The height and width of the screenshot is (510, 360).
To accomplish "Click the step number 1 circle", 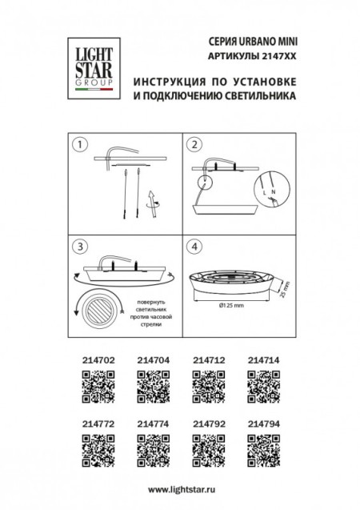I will [79, 145].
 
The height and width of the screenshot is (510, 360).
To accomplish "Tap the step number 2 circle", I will [193, 145].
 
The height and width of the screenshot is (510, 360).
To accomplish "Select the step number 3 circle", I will [79, 247].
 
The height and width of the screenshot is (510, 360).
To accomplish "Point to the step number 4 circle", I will [193, 247].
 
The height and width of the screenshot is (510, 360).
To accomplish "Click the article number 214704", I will [151, 361].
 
